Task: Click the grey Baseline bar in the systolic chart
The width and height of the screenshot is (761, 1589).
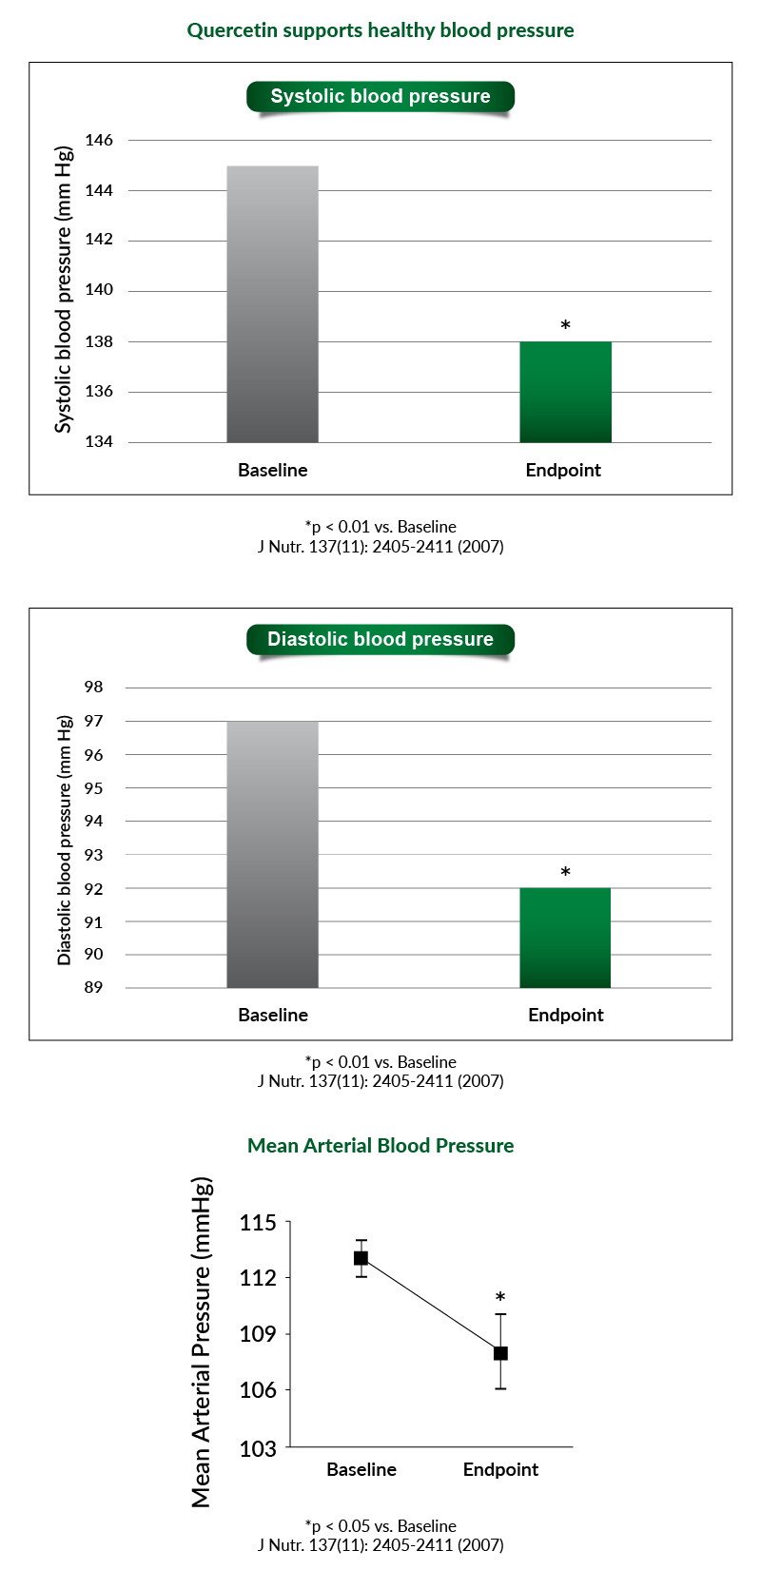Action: pos(273,304)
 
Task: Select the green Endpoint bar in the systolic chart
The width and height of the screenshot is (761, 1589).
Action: pos(565,393)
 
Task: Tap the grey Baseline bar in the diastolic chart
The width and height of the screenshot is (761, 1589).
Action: pos(273,855)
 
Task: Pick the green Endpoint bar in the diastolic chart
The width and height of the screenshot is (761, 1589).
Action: pos(565,938)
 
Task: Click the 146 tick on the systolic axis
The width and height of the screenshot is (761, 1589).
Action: pos(99,141)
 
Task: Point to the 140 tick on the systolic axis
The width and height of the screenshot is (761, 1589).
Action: pos(99,290)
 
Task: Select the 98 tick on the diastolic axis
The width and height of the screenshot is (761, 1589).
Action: pos(93,687)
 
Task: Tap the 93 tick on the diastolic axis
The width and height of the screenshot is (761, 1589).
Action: pos(93,855)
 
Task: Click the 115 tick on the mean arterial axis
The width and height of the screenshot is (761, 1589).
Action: pos(258,1222)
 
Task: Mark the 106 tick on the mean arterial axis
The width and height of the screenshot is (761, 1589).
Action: pos(258,1389)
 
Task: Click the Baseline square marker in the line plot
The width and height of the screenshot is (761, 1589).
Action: pos(361,1258)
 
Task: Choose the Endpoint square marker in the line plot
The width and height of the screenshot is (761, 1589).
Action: pos(500,1353)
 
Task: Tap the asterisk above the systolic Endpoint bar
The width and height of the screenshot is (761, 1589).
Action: pos(565,325)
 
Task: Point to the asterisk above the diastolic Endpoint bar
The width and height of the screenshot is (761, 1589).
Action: pos(565,872)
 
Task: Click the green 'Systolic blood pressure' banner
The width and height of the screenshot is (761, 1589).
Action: pos(380,96)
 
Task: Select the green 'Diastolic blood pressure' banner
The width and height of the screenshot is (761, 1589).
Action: pos(380,639)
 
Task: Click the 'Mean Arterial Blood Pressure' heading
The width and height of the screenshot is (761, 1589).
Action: pos(380,1146)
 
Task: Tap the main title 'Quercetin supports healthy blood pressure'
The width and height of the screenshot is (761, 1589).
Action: pos(380,30)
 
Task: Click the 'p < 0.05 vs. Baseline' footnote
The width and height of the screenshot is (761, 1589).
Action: pos(380,1526)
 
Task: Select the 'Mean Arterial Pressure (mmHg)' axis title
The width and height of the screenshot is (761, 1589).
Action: pos(202,1342)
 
